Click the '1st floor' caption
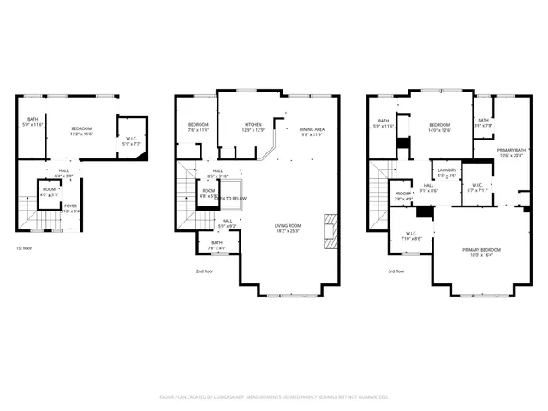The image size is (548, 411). pos(25,248)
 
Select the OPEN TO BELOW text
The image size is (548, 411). pos(229,198)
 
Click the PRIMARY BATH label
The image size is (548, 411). pos(512,151)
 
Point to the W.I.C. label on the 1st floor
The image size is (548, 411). pos(131,140)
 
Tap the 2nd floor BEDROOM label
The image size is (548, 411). pos(199,125)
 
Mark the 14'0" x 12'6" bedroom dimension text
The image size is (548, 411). pos(439,130)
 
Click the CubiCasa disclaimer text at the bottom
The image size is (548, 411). pos(274,397)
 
